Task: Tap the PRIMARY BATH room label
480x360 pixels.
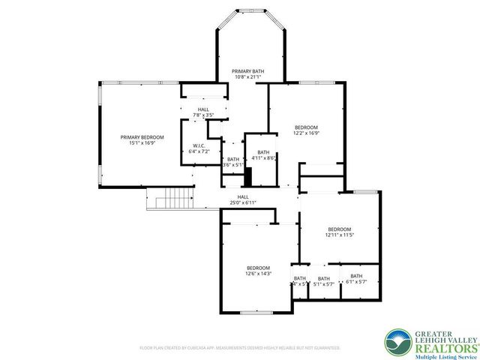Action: coord(247,73)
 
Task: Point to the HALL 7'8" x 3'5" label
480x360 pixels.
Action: coord(203,112)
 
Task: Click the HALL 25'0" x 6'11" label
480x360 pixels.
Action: coord(243,199)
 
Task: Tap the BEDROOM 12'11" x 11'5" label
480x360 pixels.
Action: coord(338,232)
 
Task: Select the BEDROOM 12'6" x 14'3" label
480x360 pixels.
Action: coord(259,271)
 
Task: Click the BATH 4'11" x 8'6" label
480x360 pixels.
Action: coord(262,155)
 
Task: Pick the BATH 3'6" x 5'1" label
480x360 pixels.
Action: coord(233,162)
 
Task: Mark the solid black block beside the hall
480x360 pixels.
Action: coord(247,178)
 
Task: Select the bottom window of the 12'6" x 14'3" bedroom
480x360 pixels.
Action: coord(256,311)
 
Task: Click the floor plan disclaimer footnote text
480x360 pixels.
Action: coord(240,348)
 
